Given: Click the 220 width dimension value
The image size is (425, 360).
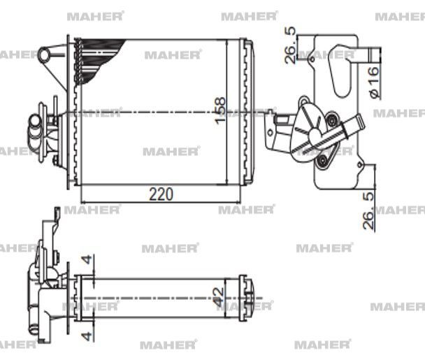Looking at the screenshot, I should pos(160,194).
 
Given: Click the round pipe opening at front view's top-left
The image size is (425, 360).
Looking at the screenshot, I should pos(46,53).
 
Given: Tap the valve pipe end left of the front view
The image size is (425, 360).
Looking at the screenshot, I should pos(34,128).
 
